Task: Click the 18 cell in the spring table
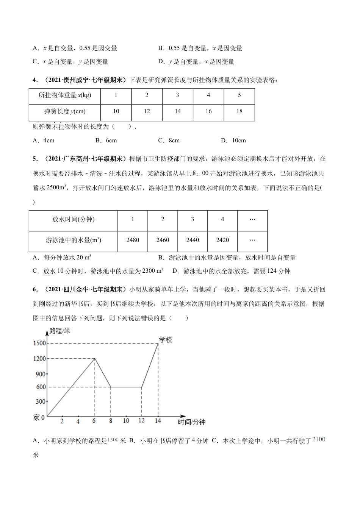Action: (x=239, y=111)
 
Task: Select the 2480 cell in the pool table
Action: (x=133, y=240)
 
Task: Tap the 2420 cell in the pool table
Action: (x=222, y=240)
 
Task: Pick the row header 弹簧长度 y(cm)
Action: (x=65, y=111)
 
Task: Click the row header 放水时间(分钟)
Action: (x=74, y=219)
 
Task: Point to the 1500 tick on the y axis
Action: (x=39, y=343)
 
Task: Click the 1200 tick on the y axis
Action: (x=39, y=359)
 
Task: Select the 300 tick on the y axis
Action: (x=41, y=402)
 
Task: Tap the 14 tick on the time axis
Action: (x=158, y=421)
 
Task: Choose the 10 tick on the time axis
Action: (x=126, y=421)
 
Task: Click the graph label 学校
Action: (x=165, y=340)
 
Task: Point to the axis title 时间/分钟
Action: (x=191, y=422)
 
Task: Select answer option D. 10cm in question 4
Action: (x=233, y=141)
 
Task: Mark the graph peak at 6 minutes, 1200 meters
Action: (x=94, y=358)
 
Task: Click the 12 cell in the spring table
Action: (x=147, y=111)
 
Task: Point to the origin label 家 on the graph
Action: (x=36, y=417)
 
